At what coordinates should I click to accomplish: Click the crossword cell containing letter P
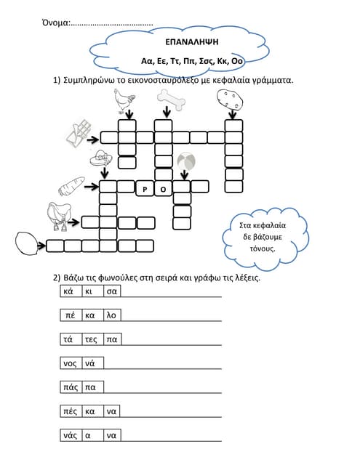coord(145,189)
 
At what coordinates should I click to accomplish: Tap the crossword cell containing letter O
coord(163,189)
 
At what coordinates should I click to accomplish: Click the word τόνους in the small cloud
coord(259,248)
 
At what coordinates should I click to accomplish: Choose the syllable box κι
coord(89,291)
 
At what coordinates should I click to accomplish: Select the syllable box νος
coord(71,363)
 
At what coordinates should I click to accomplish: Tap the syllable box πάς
coord(71,387)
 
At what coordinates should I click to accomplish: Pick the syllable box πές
coord(71,411)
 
